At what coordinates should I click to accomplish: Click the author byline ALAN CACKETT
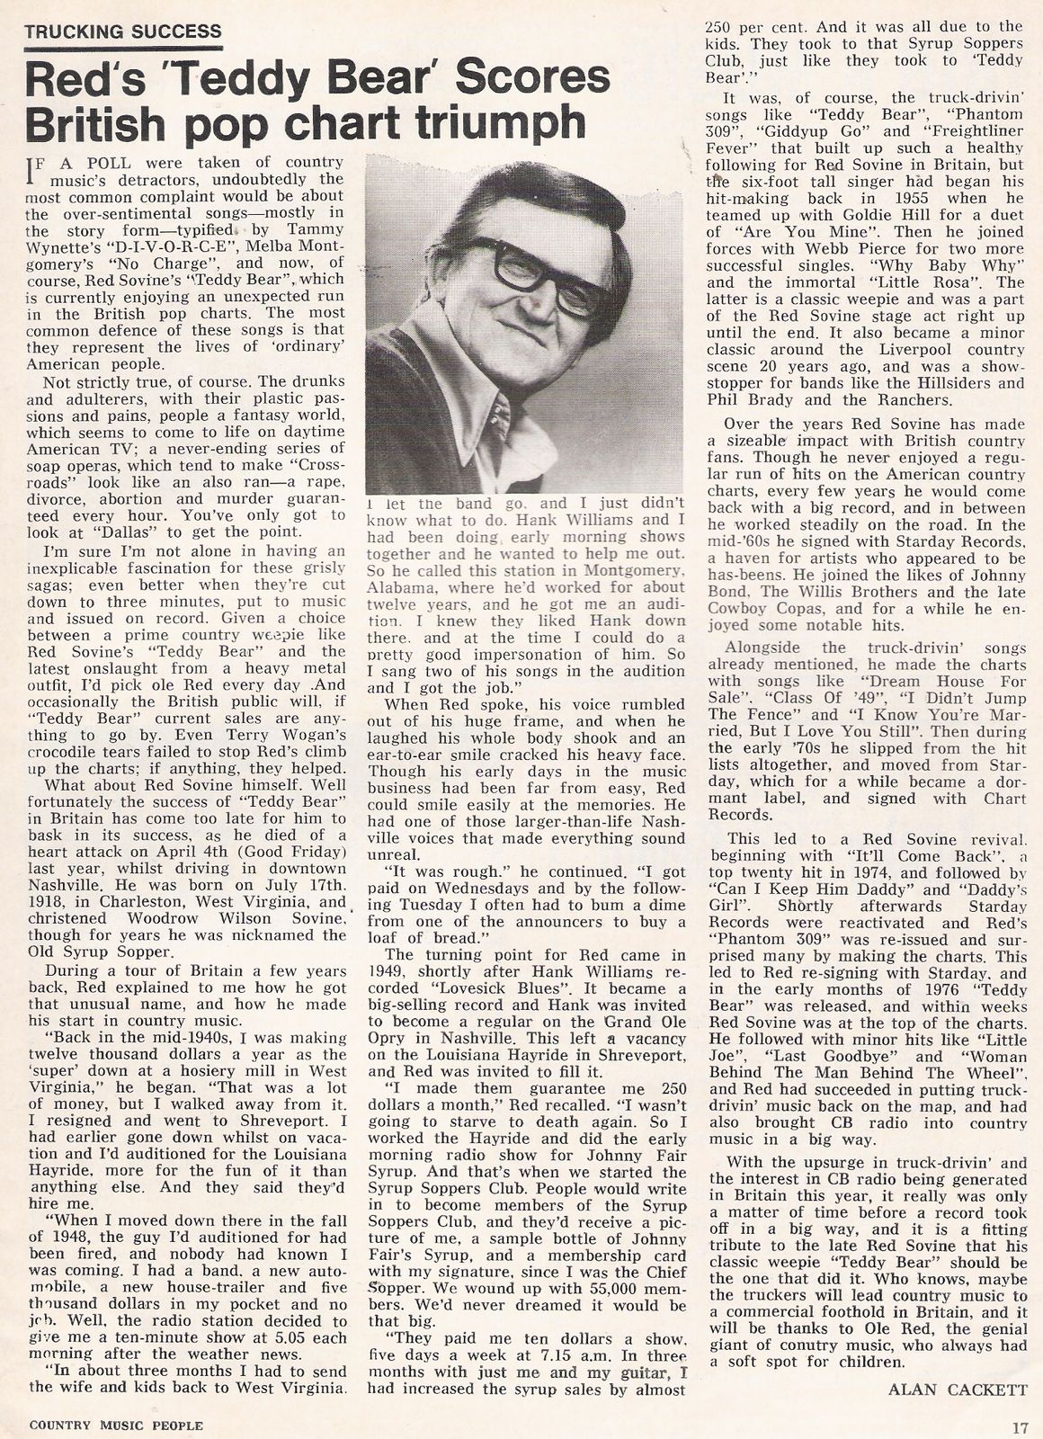[x=957, y=1388]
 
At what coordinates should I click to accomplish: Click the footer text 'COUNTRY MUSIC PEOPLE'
[x=116, y=1425]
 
